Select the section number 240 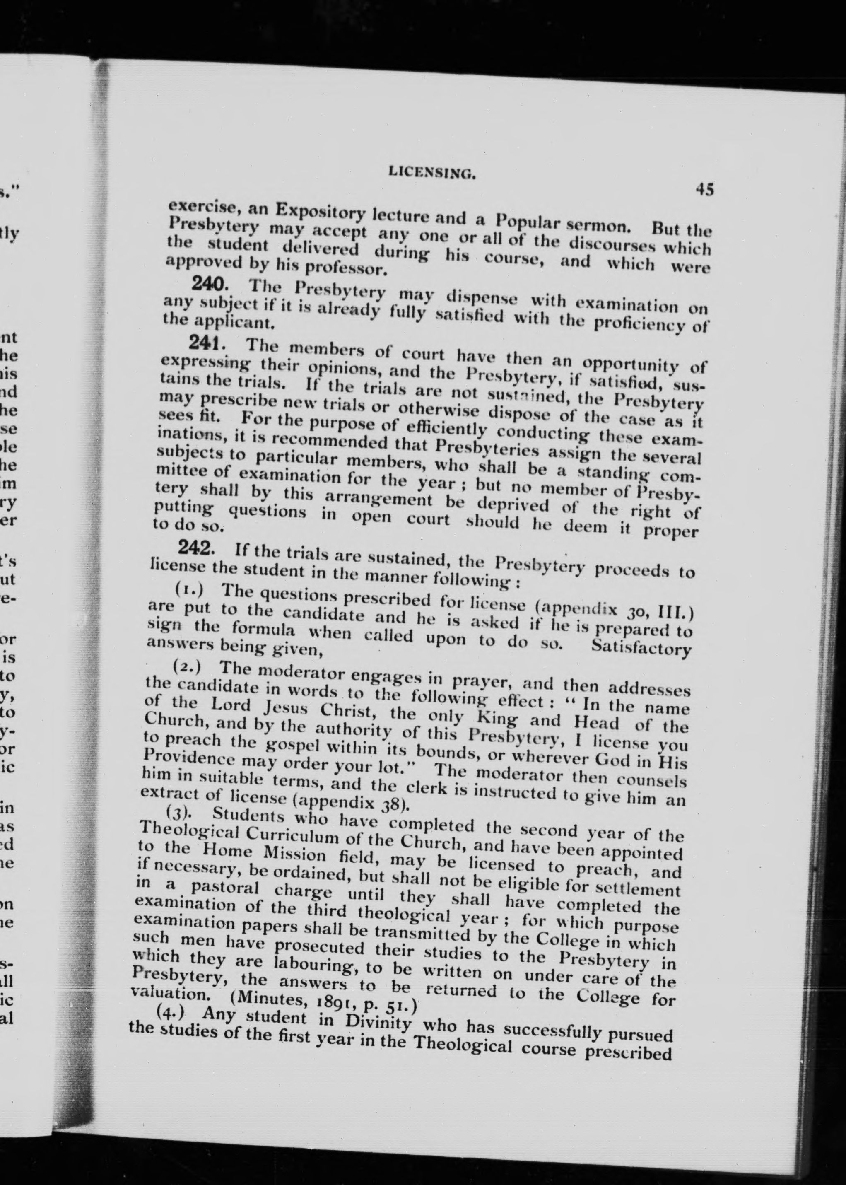(208, 283)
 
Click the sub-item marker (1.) (188, 589)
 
